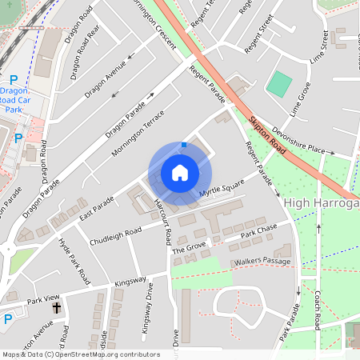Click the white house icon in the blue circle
point(180,173)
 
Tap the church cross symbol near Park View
point(57,307)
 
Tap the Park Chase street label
point(258,230)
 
